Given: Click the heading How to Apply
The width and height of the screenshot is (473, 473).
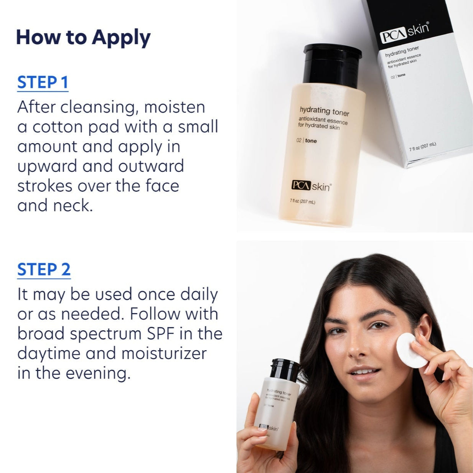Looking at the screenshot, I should pos(83,38).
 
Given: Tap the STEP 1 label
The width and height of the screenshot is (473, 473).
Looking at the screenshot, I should pos(43,83).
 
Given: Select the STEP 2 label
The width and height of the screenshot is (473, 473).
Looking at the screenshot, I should pos(44,270).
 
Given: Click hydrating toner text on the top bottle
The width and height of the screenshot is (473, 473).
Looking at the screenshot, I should pos(324,111).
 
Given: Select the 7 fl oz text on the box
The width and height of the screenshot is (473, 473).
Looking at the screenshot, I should pos(422,146).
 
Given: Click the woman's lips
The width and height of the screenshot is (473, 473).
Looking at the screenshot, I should pos(364,372).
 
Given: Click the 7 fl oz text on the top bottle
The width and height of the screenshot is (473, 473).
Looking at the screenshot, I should pos(303,201).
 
